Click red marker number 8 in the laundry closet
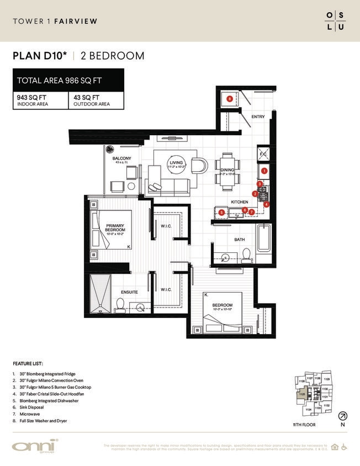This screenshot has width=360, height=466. coord(230,99)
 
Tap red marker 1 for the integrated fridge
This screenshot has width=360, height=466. coord(264,171)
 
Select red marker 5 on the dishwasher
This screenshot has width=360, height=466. coord(221,212)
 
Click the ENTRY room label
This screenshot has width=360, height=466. coord(258,117)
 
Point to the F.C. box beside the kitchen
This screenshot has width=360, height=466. coord(263,153)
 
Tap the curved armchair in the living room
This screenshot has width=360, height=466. coord(202,165)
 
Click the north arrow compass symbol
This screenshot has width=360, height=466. coord(343,416)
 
